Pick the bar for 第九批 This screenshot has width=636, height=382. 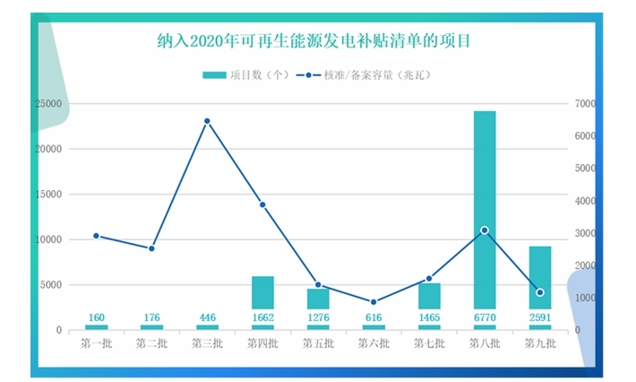click(540, 269)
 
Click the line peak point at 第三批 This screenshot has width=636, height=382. click(207, 121)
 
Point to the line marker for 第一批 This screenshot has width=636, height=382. click(96, 236)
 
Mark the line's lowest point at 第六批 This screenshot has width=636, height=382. click(374, 302)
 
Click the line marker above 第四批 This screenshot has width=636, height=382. click(262, 204)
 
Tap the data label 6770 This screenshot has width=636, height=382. click(485, 317)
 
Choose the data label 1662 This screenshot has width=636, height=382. click(262, 317)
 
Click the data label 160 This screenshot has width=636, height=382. click(96, 317)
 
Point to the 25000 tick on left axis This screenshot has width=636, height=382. click(48, 104)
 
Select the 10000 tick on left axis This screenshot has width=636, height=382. click(48, 239)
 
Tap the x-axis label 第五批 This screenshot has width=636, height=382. click(318, 343)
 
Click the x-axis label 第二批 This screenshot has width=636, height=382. click(151, 343)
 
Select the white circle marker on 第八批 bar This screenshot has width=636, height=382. click(485, 230)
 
